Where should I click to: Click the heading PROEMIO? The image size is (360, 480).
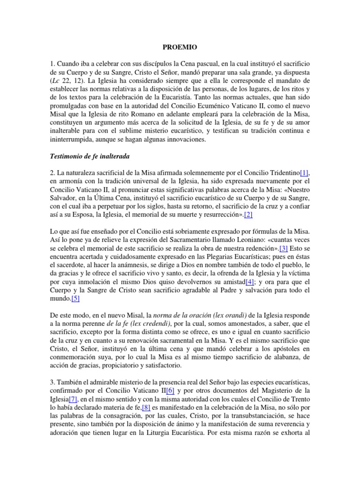(x=180, y=47)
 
